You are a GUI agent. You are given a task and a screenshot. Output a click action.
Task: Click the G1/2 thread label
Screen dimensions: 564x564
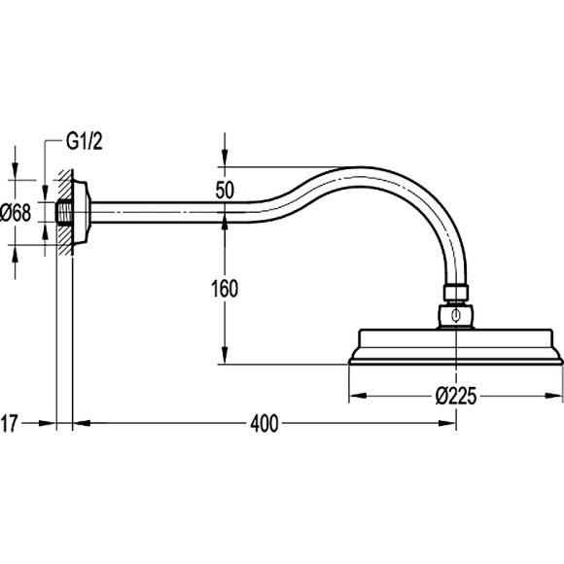click(x=85, y=141)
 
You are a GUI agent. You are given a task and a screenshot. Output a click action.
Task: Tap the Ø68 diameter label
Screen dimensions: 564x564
click(x=16, y=213)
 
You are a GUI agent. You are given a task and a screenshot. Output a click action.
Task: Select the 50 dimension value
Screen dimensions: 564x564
click(x=225, y=190)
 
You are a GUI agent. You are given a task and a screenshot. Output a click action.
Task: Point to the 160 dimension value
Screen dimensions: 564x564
click(x=225, y=289)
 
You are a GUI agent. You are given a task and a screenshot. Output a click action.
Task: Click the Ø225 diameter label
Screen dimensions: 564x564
click(x=456, y=396)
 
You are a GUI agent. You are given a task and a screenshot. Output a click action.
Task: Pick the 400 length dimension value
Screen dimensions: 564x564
click(x=264, y=423)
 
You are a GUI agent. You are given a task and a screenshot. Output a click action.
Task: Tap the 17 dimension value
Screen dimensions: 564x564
click(x=9, y=423)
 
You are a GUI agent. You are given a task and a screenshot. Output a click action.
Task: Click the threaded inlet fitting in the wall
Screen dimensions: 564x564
click(x=65, y=213)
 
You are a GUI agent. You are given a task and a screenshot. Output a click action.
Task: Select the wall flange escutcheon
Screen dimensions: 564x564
click(x=82, y=213)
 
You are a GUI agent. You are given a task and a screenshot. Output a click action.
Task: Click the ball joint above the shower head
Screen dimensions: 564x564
click(x=456, y=316)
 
